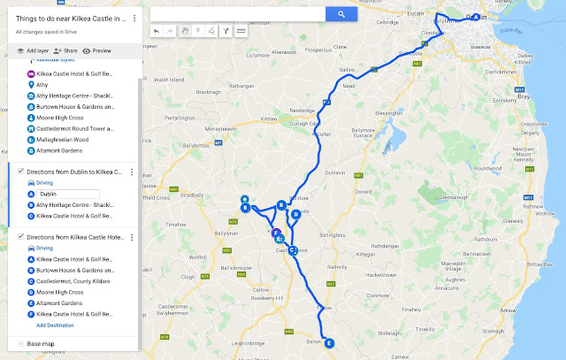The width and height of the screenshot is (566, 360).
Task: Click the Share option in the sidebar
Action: (x=65, y=51)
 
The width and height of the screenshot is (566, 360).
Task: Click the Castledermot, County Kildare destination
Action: (x=73, y=280)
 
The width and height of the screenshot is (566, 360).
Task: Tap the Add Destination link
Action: (x=55, y=326)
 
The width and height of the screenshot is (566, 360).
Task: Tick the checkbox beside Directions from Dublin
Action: (x=21, y=172)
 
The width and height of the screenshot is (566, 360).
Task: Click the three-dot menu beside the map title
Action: (x=134, y=18)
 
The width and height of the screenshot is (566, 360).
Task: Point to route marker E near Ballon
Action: (x=330, y=343)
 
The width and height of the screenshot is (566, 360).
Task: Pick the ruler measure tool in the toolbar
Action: (x=241, y=30)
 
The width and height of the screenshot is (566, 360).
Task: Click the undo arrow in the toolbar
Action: (x=157, y=30)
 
